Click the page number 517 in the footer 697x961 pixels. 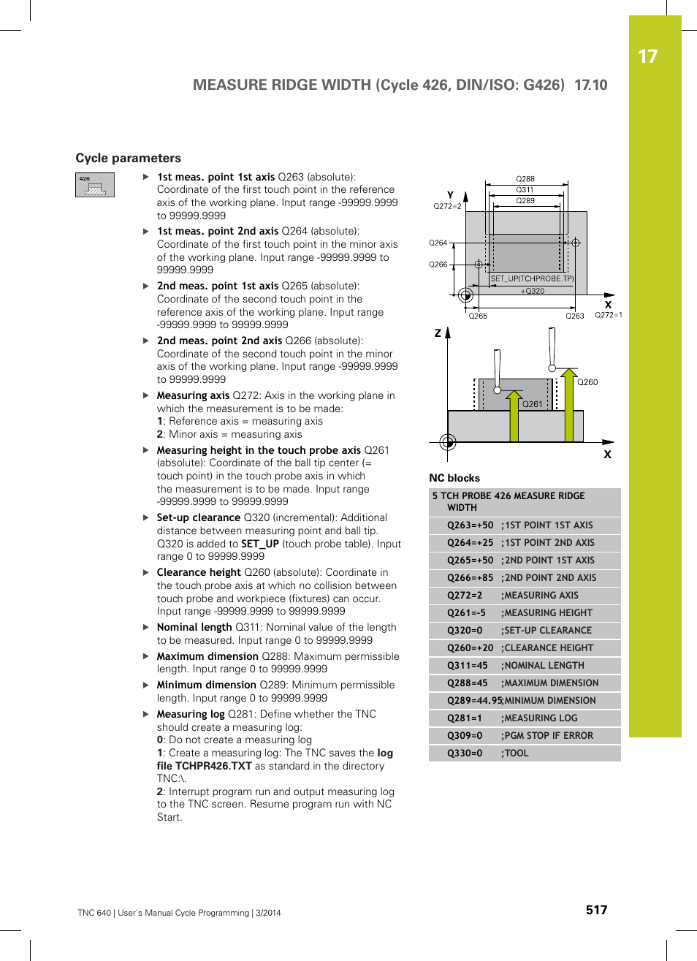pyautogui.click(x=596, y=910)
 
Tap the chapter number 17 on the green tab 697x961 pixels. pyautogui.click(x=647, y=57)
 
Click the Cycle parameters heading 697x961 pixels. pyautogui.click(x=128, y=158)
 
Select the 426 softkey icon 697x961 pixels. pyautogui.click(x=95, y=185)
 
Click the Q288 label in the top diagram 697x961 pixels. pyautogui.click(x=525, y=178)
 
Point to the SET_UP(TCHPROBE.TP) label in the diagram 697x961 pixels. pyautogui.click(x=532, y=278)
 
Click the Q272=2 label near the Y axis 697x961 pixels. pyautogui.click(x=447, y=206)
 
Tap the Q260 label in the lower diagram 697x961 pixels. pyautogui.click(x=587, y=382)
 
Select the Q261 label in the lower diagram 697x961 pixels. pyautogui.click(x=533, y=404)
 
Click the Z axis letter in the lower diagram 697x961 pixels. pyautogui.click(x=438, y=333)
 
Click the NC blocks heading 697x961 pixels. pyautogui.click(x=454, y=478)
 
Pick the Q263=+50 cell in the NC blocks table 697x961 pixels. pyautogui.click(x=470, y=525)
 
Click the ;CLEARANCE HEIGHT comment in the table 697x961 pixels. pyautogui.click(x=547, y=648)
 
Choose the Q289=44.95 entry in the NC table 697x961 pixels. pyautogui.click(x=474, y=701)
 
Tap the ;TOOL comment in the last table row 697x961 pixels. pyautogui.click(x=514, y=753)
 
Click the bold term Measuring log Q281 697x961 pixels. pyautogui.click(x=191, y=714)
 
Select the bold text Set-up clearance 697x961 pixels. pyautogui.click(x=198, y=517)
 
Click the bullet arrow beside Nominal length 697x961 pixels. pyautogui.click(x=146, y=627)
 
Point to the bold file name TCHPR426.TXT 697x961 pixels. pyautogui.click(x=204, y=766)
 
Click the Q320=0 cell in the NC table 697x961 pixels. pyautogui.click(x=465, y=631)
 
